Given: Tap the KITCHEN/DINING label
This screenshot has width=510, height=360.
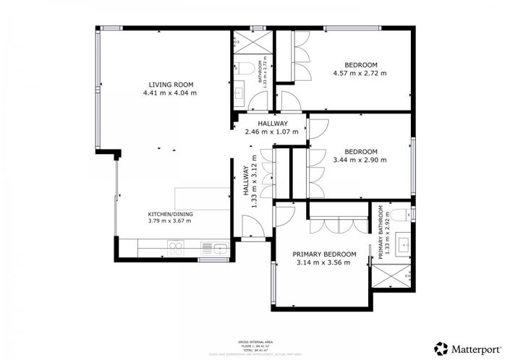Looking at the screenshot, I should click(x=170, y=214).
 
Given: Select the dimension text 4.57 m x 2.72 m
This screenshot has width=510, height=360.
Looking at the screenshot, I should click(x=360, y=73).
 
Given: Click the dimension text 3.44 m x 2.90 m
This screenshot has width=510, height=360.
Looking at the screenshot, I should click(x=360, y=160).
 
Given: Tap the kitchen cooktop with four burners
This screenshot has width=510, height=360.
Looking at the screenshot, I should click(x=176, y=249).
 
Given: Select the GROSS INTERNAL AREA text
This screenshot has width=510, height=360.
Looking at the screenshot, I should click(x=255, y=340).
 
